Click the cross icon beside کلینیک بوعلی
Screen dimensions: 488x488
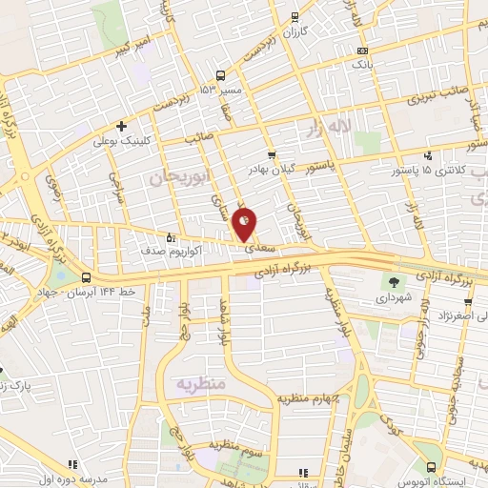click(x=121, y=126)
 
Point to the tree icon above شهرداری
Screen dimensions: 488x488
click(x=392, y=281)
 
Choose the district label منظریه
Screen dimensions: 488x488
click(x=198, y=382)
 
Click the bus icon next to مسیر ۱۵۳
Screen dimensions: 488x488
click(x=221, y=75)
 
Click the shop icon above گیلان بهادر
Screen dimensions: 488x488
click(x=272, y=154)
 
